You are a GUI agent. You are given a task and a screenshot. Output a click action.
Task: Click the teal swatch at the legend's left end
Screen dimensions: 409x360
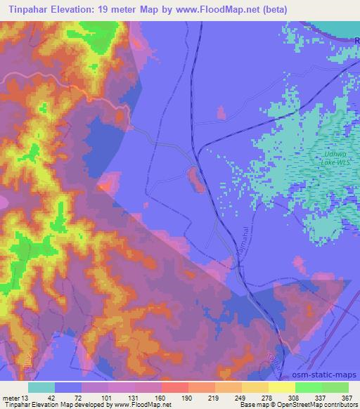(x=41, y=387)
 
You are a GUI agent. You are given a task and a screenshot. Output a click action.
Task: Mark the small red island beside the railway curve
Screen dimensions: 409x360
(x=195, y=178)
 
